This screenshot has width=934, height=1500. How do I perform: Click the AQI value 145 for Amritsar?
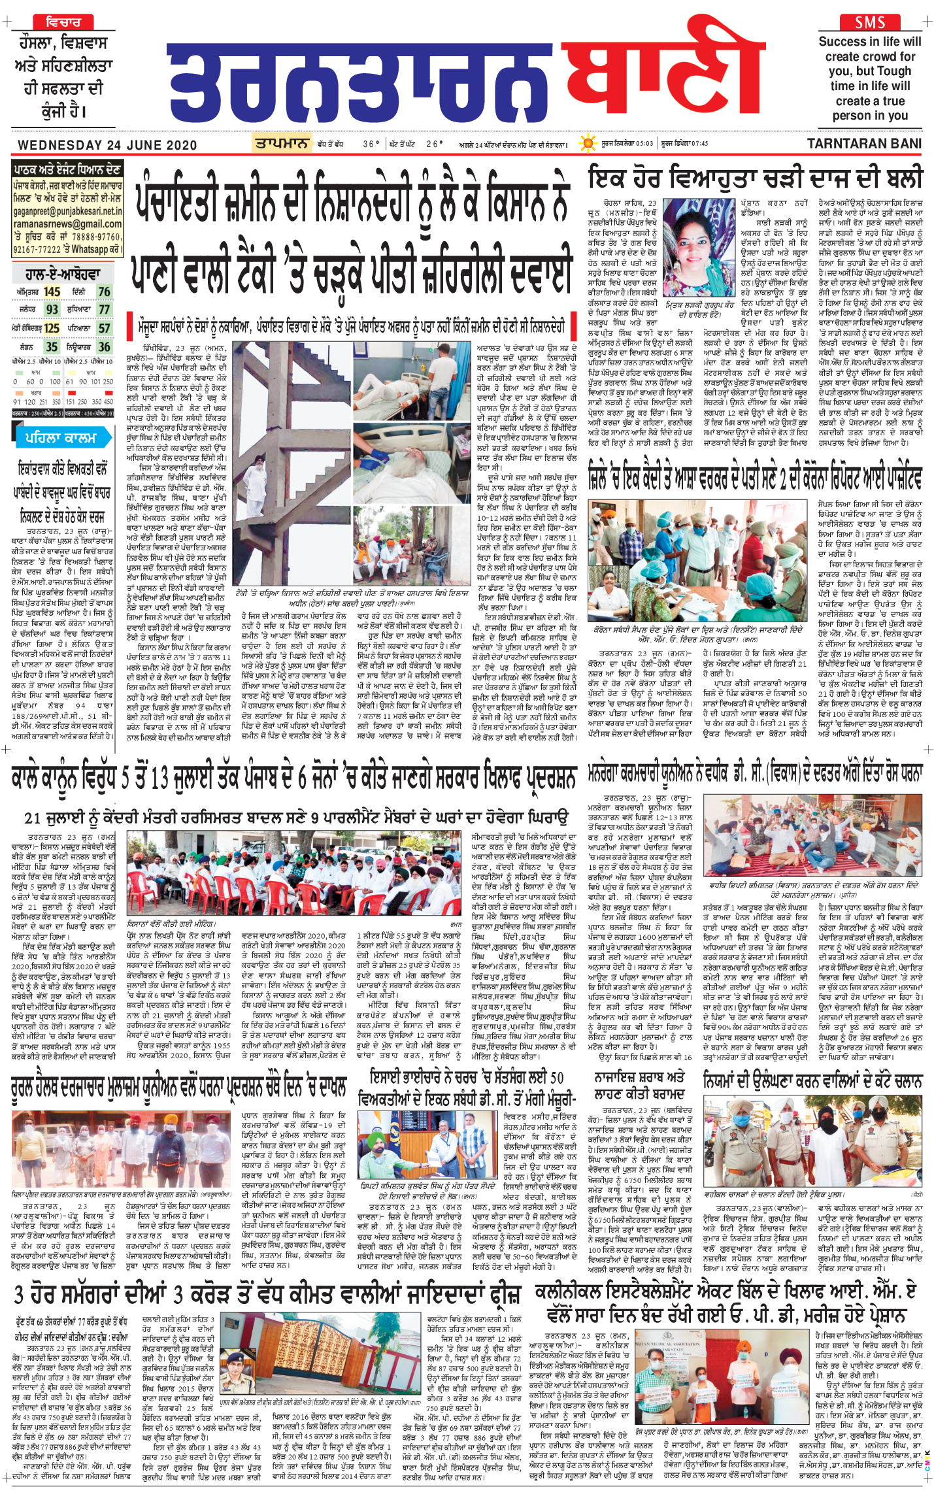(52, 292)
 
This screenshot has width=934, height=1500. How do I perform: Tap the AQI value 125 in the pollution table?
(52, 328)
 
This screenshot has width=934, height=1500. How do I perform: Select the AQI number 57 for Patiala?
(104, 328)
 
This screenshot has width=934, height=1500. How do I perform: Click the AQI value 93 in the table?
(52, 309)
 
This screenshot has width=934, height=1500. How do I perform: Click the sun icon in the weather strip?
(588, 143)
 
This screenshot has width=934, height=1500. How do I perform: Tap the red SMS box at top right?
(870, 22)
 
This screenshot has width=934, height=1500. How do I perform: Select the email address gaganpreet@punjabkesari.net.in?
(67, 212)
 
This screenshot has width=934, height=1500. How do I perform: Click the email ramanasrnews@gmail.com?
(67, 224)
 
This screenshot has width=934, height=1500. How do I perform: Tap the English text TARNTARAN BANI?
(864, 144)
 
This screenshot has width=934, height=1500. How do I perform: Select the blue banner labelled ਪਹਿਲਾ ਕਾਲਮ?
(61, 438)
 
